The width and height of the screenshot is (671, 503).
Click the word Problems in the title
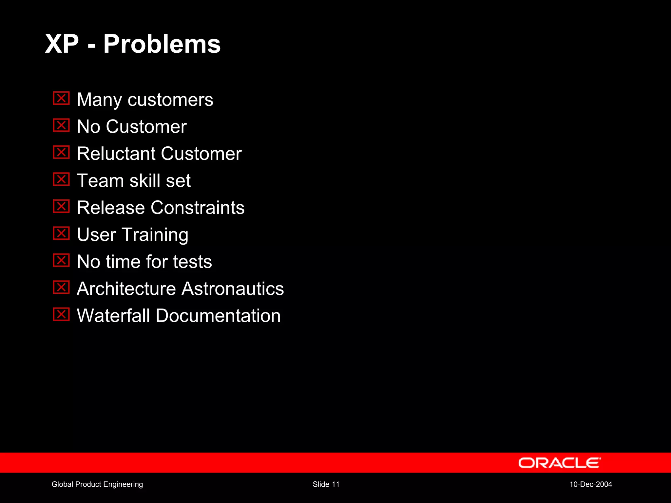162,44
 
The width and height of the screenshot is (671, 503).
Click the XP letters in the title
62,44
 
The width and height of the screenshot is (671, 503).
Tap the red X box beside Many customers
61,98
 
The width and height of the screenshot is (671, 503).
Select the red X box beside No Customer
61,125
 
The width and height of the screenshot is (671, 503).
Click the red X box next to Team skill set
61,179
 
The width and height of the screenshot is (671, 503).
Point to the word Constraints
198,208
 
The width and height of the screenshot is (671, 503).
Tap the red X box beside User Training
61,233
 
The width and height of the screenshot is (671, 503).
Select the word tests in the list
193,262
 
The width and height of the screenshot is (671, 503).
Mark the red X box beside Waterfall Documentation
61,314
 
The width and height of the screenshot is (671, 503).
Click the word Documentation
218,316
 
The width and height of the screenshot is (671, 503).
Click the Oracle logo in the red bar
559,463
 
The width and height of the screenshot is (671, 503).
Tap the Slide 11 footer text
326,484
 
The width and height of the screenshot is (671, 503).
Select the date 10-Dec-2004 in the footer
590,484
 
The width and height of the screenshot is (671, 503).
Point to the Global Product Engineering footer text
97,484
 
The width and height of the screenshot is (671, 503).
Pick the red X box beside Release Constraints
61,206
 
